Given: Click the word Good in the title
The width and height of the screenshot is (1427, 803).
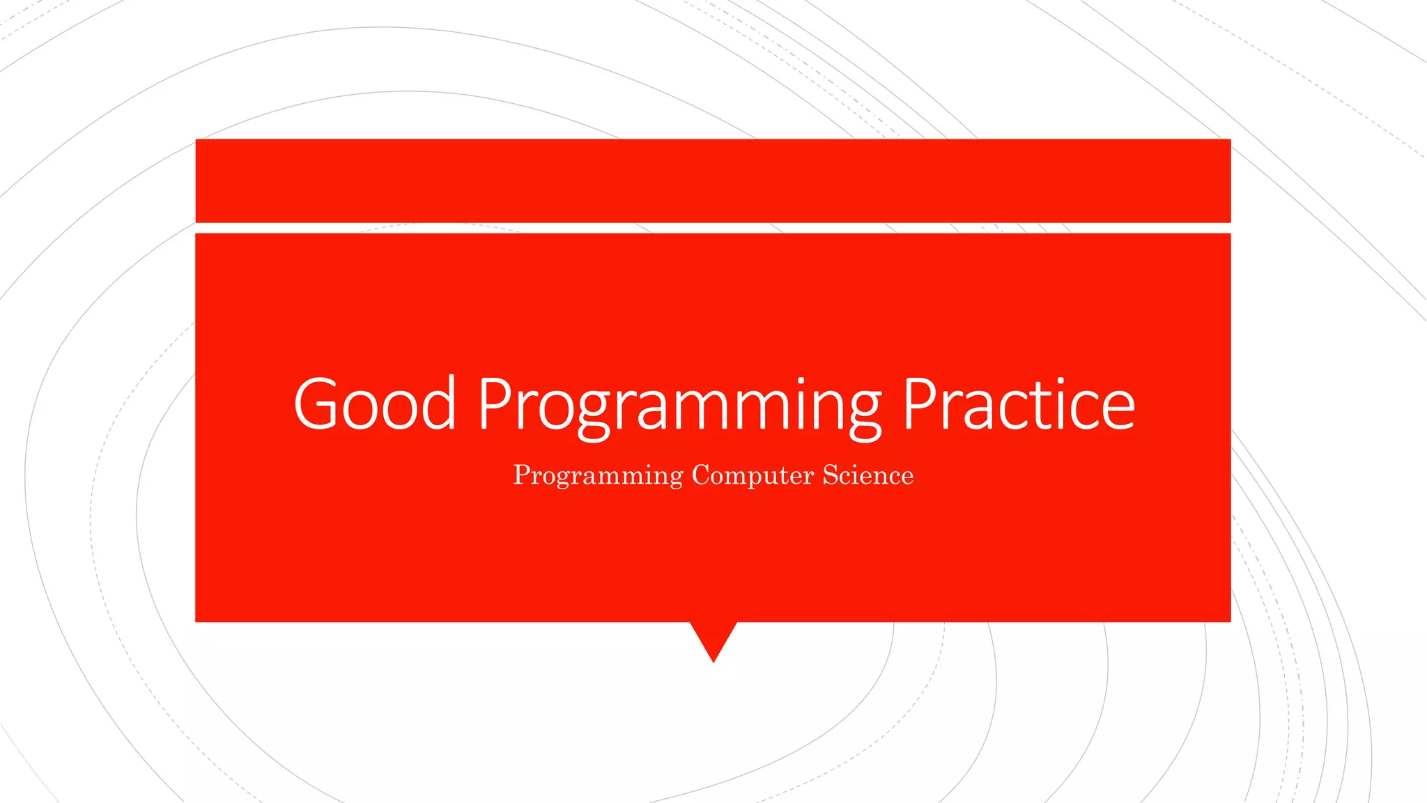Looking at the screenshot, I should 375,404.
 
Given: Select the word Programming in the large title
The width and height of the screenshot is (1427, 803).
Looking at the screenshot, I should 679,408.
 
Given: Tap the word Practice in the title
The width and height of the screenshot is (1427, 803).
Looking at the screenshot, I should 1019,404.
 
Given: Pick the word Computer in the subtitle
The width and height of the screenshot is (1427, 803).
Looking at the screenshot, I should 753,475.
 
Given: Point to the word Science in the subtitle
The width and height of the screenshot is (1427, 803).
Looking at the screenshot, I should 867,475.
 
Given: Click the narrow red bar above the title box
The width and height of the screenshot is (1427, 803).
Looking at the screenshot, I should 713,181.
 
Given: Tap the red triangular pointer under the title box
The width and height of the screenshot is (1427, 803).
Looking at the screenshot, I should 713,638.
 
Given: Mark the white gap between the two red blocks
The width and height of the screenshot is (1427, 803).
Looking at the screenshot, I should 713,228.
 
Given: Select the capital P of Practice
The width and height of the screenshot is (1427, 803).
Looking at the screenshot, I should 920,404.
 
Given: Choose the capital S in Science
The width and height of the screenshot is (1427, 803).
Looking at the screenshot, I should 830,475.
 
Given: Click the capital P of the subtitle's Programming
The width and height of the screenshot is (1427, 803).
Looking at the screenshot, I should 521,475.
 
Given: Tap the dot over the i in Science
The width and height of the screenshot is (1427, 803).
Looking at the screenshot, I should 858,465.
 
